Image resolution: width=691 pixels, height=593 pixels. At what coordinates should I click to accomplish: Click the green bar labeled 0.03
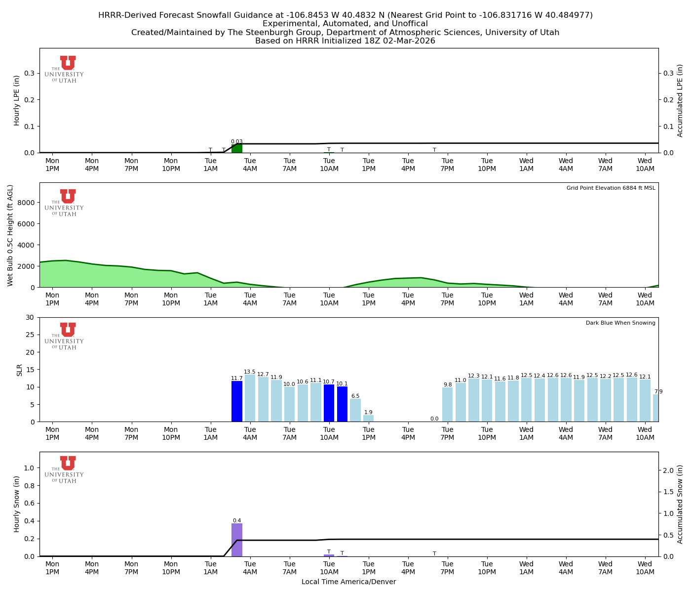pyautogui.click(x=237, y=149)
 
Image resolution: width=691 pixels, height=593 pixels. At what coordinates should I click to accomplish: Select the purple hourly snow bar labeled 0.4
pyautogui.click(x=237, y=540)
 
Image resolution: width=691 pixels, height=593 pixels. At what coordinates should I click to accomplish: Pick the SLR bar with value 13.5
pyautogui.click(x=250, y=398)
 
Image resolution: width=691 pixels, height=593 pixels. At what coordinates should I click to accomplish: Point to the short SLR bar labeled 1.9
pyautogui.click(x=369, y=419)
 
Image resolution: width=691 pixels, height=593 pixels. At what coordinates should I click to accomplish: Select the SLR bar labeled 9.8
pyautogui.click(x=448, y=405)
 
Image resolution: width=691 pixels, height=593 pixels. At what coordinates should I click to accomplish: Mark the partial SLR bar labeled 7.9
pyautogui.click(x=656, y=408)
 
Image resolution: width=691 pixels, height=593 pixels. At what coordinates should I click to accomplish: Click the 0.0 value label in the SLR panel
pyautogui.click(x=434, y=419)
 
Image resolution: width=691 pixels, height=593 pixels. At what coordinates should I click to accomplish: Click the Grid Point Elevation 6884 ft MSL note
pyautogui.click(x=611, y=188)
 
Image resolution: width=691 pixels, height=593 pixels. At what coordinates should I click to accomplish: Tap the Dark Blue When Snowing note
pyautogui.click(x=620, y=323)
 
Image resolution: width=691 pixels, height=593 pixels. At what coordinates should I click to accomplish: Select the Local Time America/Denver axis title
pyautogui.click(x=348, y=582)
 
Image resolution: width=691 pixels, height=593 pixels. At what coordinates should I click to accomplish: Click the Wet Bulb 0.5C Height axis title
pyautogui.click(x=10, y=235)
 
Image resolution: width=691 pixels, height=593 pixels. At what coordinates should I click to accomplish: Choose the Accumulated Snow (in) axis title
pyautogui.click(x=680, y=504)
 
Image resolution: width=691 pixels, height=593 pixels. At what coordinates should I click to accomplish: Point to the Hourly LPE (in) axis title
pyautogui.click(x=17, y=100)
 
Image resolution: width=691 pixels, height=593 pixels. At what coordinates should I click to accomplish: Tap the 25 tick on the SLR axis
pyautogui.click(x=31, y=335)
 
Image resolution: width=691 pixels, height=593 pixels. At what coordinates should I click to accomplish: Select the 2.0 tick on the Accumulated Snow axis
pyautogui.click(x=668, y=470)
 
